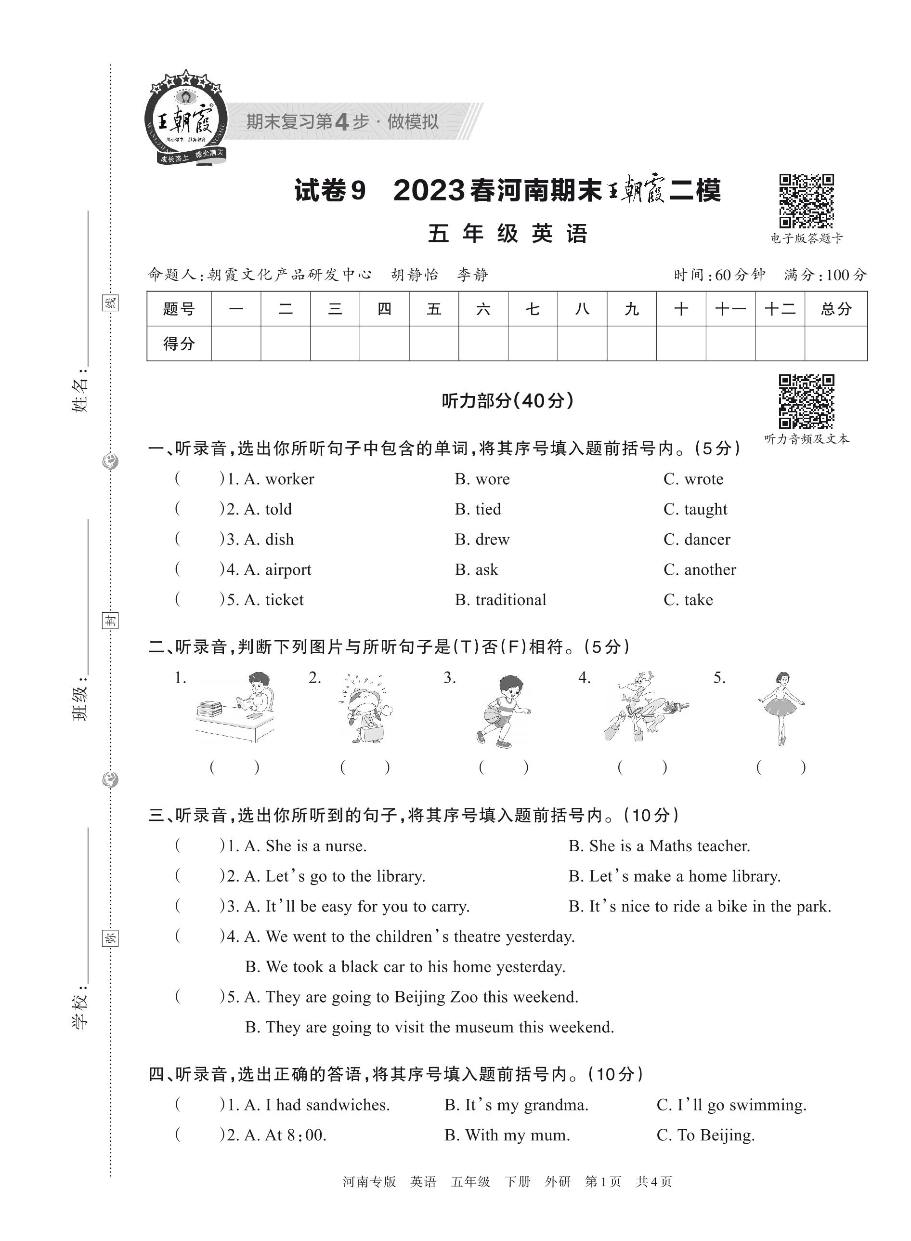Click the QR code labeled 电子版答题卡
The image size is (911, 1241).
[x=806, y=201]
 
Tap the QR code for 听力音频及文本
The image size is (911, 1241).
[x=806, y=401]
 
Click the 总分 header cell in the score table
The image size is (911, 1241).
[x=835, y=309]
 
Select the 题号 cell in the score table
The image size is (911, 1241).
[x=179, y=309]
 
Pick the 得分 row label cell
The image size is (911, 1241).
[x=179, y=344]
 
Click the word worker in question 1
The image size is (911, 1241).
[x=289, y=479]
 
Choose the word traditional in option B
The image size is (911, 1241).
[x=511, y=600]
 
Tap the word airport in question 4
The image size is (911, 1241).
[x=288, y=570]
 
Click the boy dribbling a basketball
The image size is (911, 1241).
[x=502, y=711]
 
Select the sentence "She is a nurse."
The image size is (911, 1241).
[x=315, y=846]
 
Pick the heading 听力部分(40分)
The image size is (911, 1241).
[x=508, y=401]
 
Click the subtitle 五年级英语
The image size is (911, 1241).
[x=508, y=234]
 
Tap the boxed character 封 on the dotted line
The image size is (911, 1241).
[x=110, y=621]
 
